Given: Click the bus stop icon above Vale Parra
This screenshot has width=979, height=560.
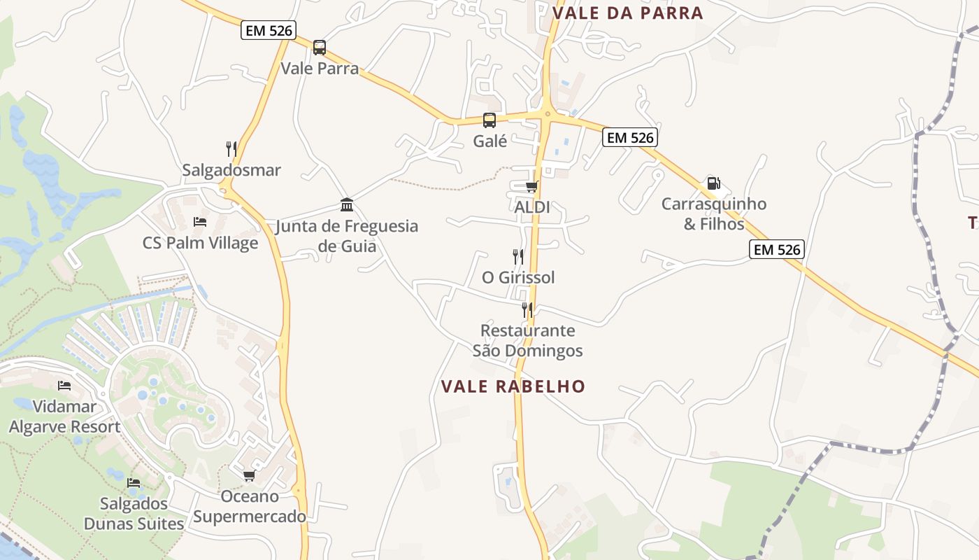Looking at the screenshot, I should (320, 48).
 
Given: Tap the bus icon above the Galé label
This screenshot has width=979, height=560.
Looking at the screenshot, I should (489, 120).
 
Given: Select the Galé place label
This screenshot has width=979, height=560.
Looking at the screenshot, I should (489, 141).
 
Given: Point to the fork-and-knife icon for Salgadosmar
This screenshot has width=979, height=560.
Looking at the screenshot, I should (231, 148).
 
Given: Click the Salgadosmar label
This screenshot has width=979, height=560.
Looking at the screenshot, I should (231, 170).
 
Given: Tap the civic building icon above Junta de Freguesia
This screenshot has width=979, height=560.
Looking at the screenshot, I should (347, 204).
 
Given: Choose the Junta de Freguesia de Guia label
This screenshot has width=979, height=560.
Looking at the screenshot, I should (347, 236).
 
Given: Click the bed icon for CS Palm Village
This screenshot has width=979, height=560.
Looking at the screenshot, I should (200, 222).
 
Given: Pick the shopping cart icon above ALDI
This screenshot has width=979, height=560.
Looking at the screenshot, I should (532, 186).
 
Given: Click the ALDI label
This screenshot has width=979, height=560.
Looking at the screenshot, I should (532, 207).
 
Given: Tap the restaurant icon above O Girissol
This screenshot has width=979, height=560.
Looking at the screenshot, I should (518, 257).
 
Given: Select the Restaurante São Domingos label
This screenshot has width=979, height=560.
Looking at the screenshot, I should (527, 340).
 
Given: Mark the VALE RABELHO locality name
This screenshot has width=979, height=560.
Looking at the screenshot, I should (513, 386).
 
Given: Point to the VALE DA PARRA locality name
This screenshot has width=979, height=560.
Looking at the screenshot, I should (627, 13).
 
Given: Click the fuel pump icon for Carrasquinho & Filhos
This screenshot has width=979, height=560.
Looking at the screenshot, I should (713, 183).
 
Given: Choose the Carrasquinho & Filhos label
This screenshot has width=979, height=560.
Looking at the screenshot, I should (714, 214).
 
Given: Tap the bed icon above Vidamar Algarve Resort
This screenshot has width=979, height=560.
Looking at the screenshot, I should (64, 386).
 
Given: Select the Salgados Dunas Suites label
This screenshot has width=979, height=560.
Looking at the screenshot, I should (134, 514).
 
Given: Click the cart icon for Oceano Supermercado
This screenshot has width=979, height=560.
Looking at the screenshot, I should (249, 476).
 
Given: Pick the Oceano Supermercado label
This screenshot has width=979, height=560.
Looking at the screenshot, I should (250, 507).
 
